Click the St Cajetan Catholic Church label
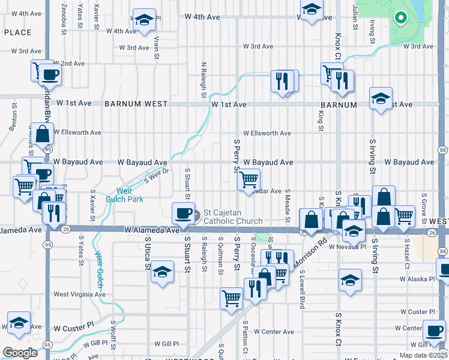233,217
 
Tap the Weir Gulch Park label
124,194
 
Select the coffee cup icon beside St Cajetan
183,214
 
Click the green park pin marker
400,18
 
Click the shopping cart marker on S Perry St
249,179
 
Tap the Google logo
19,353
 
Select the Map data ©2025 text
423,355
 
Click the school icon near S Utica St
162,272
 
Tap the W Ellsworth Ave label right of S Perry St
267,133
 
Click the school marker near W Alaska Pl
350,280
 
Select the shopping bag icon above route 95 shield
43,134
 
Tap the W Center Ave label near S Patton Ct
273,331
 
